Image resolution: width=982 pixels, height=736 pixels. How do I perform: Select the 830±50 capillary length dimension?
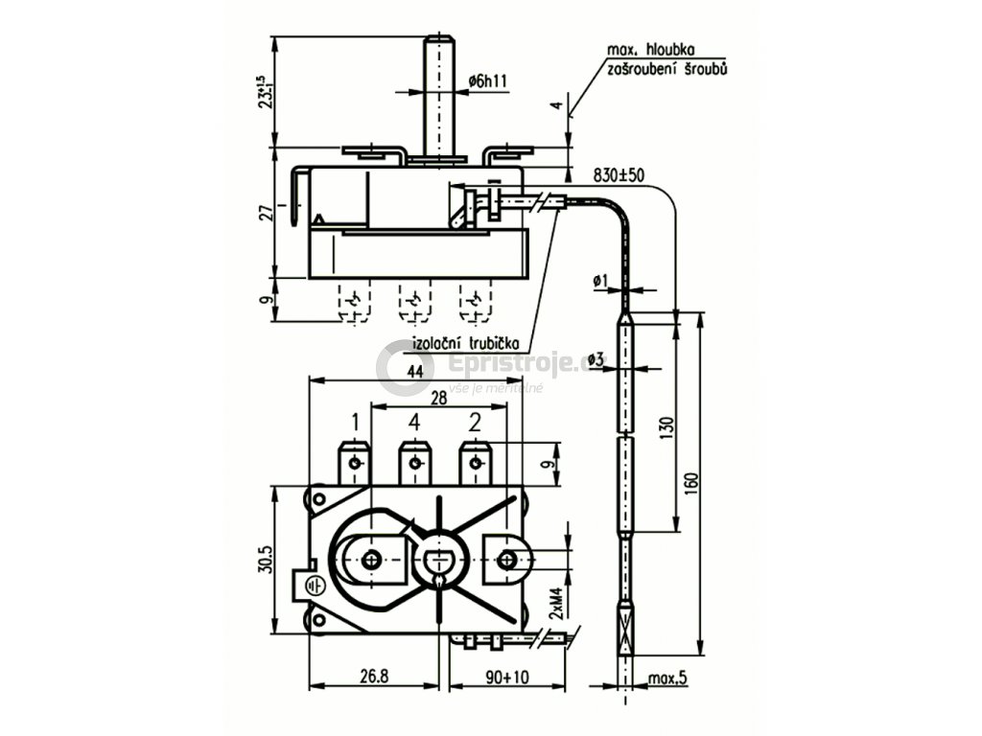click(x=619, y=177)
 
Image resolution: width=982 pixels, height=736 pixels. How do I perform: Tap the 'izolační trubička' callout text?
click(x=466, y=342)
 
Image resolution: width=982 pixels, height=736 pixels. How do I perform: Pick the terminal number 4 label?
click(x=414, y=422)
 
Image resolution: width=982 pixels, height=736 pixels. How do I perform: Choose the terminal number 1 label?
click(x=355, y=422)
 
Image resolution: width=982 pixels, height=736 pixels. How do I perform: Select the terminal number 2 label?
click(x=475, y=422)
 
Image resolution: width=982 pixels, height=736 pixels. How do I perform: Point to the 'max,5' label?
click(x=668, y=678)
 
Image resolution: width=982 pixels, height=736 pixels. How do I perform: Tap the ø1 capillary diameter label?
click(x=600, y=280)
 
